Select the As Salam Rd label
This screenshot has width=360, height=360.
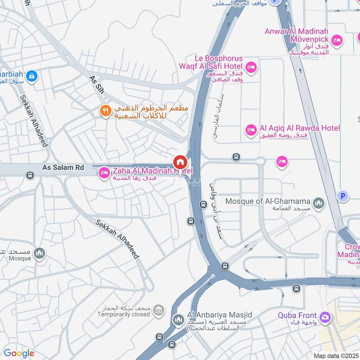(x=63, y=167)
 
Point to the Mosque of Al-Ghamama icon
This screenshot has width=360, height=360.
(x=319, y=203)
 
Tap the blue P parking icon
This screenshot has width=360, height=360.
(x=343, y=196)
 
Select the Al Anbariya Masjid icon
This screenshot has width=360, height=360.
(x=178, y=321)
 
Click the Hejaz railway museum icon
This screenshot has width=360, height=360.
(x=158, y=310)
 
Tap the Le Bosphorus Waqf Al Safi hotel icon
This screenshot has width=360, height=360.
(x=251, y=67)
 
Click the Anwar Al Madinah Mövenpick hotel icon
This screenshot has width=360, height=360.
(x=337, y=41)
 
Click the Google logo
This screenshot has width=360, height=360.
(x=18, y=353)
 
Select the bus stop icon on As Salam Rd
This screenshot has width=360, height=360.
(x=30, y=175)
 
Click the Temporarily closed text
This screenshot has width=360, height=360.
(x=124, y=314)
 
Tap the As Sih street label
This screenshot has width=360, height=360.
(x=97, y=85)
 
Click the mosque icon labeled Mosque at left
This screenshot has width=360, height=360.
(x=40, y=254)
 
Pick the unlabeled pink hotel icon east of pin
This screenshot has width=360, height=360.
(x=282, y=162)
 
